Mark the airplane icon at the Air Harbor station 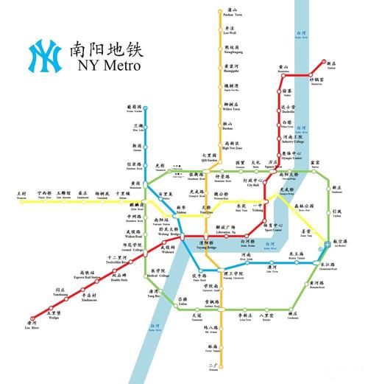click(x=328, y=243)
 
